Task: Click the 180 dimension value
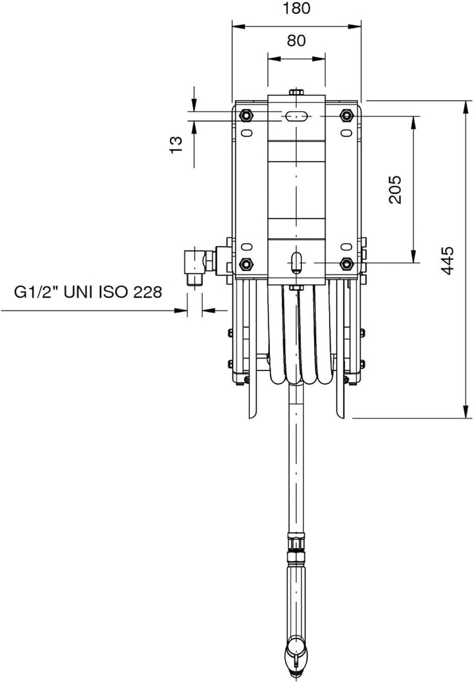296,9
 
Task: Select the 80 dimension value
296,41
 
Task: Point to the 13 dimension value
176,144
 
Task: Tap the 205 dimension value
395,190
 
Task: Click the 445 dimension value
447,261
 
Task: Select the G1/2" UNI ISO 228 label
88,292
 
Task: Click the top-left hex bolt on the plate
246,115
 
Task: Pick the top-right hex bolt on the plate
347,115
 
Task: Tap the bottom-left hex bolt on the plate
246,264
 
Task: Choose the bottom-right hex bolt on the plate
347,264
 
